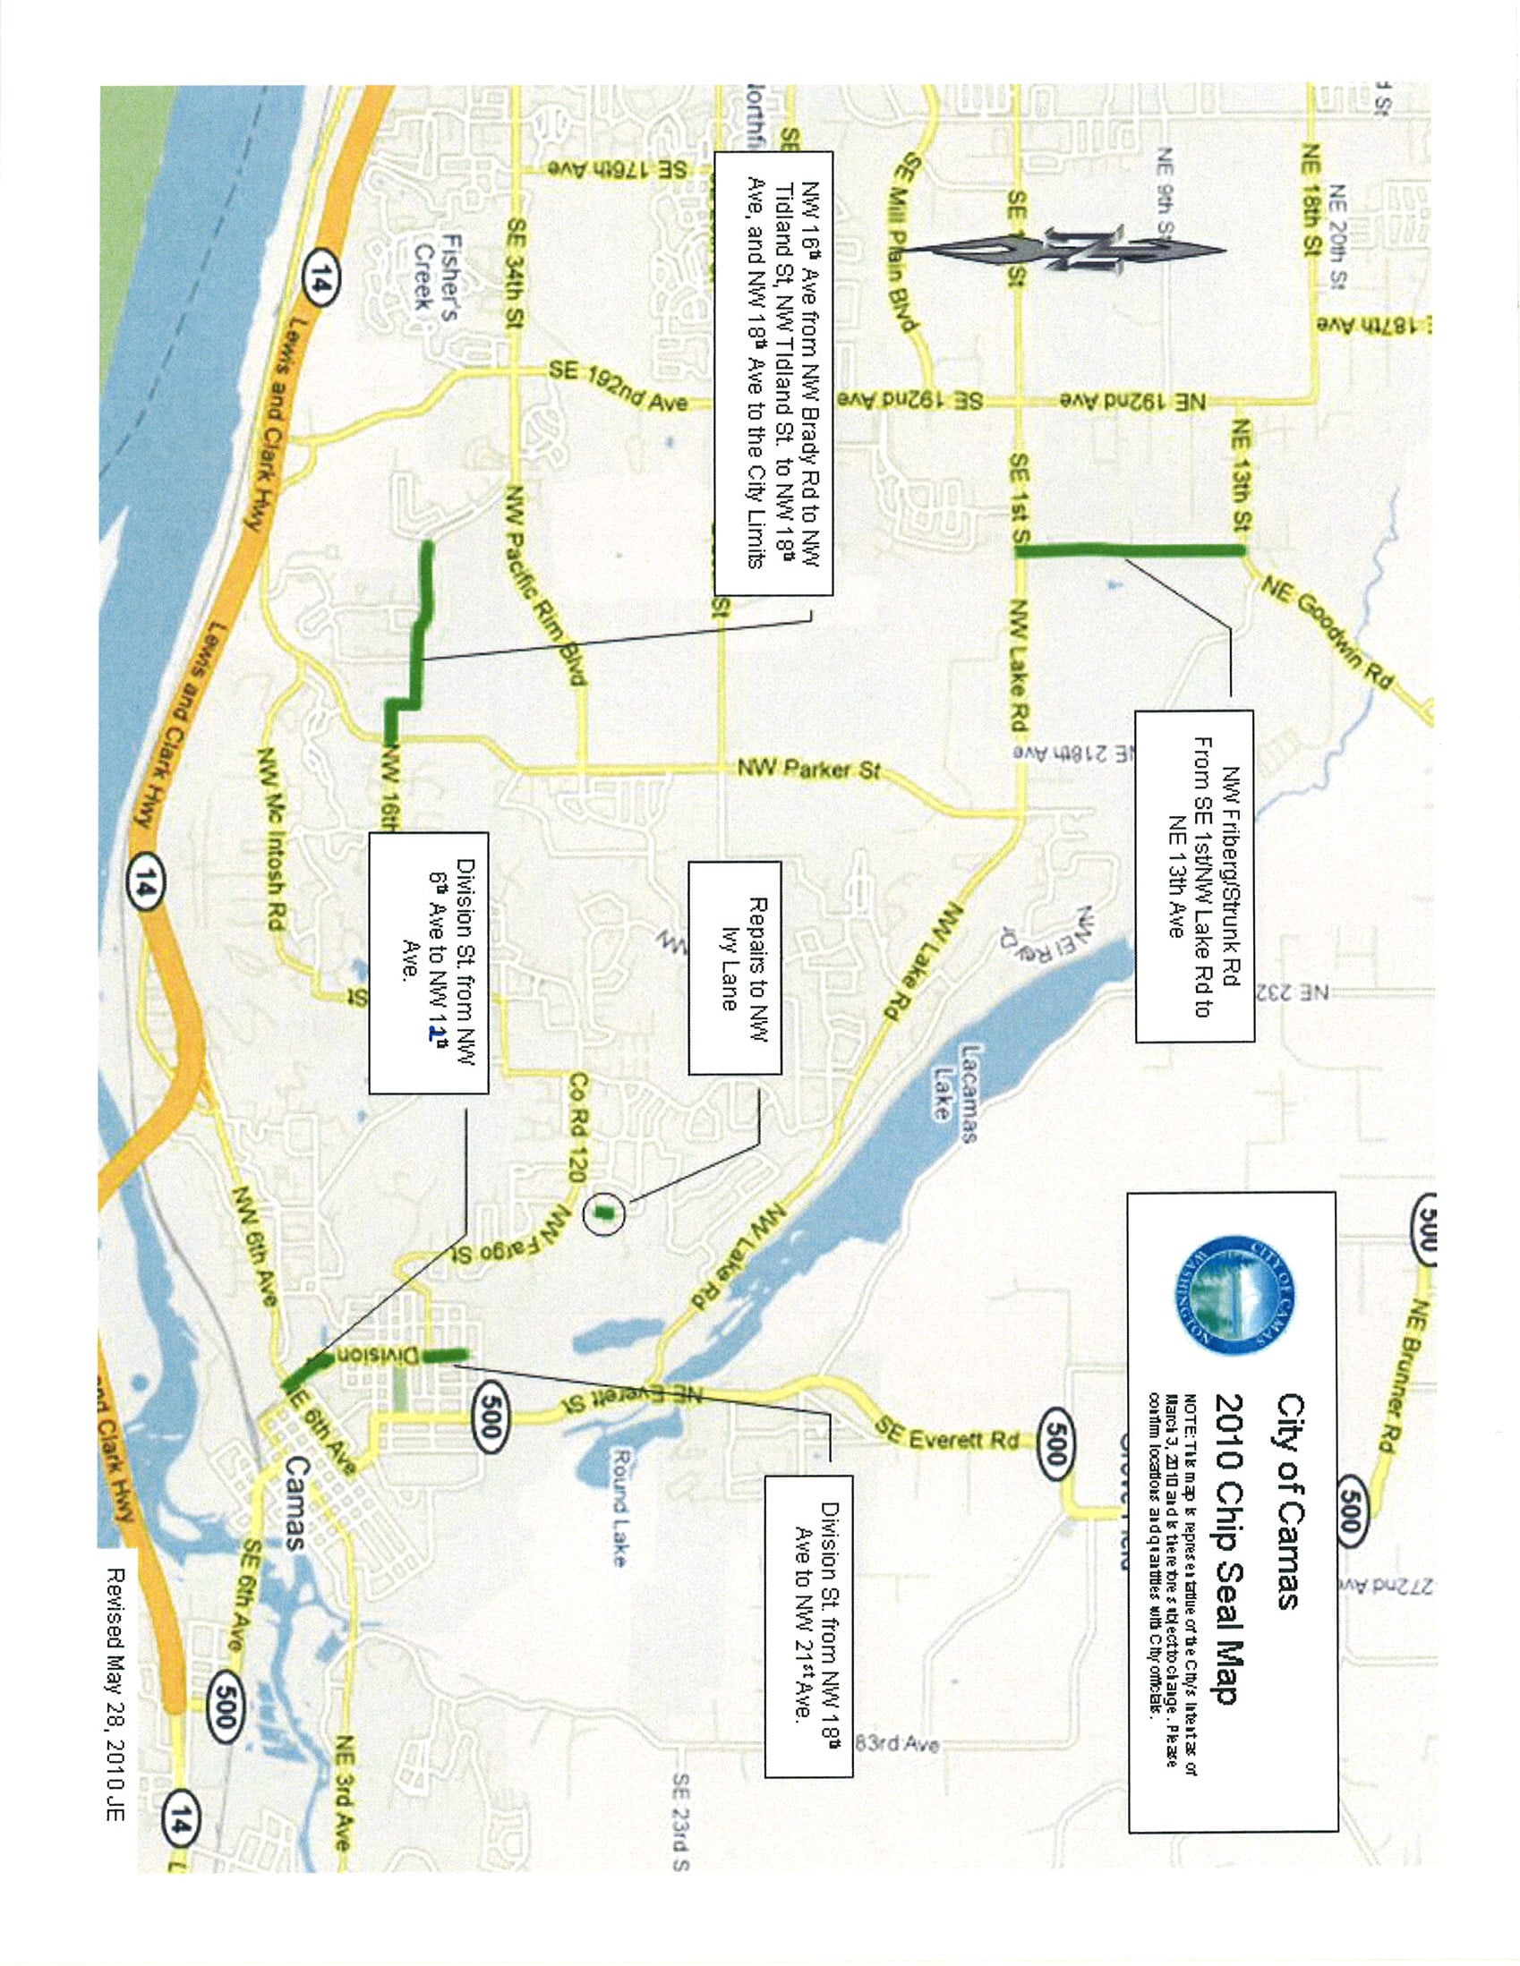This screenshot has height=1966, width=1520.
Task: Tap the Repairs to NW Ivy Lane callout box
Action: (x=734, y=967)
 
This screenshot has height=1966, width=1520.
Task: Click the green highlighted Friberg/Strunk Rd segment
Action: (x=1131, y=551)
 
